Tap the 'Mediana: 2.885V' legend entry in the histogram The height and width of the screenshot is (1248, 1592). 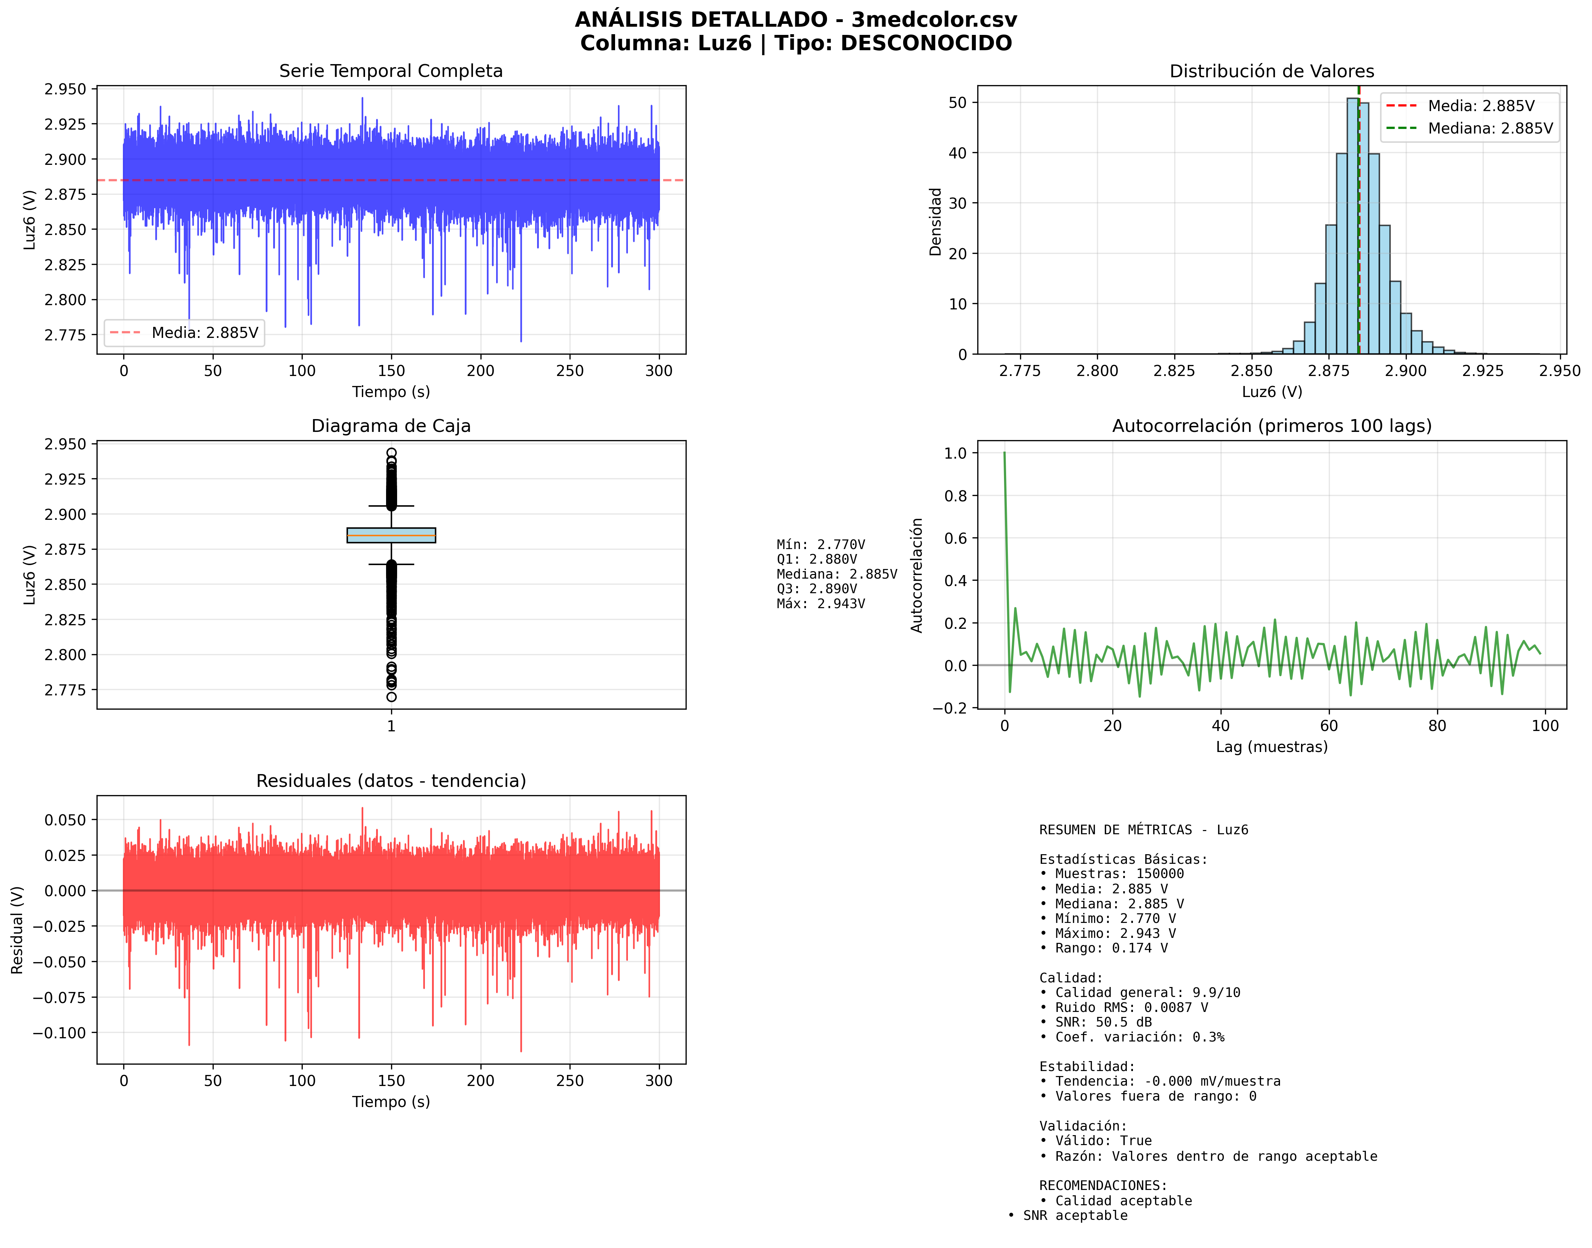pyautogui.click(x=1490, y=129)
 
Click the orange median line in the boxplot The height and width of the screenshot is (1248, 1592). pyautogui.click(x=391, y=536)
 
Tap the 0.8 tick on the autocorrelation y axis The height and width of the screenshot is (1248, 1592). pyautogui.click(x=955, y=496)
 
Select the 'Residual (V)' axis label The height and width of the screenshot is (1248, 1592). pyautogui.click(x=17, y=929)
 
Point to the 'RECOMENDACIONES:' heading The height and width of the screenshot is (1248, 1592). pyautogui.click(x=1103, y=1185)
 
